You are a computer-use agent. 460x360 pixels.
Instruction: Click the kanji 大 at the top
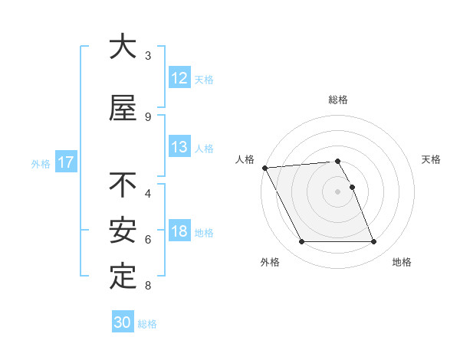point(123,47)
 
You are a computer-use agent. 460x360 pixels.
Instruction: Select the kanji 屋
point(123,108)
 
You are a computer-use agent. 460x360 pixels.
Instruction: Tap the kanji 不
point(123,185)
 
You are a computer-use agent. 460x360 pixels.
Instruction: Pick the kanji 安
point(123,231)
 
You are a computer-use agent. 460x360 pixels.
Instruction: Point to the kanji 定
point(123,277)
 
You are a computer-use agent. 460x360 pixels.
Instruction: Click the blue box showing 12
point(179,78)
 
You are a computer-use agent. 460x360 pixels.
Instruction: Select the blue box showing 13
point(179,148)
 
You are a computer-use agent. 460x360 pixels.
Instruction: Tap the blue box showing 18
point(179,232)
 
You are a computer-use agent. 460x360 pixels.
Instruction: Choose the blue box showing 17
point(65,162)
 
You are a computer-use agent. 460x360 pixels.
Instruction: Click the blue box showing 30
point(123,322)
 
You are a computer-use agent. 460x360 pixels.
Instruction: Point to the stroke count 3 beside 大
point(148,55)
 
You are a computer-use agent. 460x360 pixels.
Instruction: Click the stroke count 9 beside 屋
point(148,116)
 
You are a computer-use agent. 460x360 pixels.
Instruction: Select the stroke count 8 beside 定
point(148,286)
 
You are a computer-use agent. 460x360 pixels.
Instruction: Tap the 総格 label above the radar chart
point(338,100)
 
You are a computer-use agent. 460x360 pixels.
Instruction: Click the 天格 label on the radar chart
point(432,159)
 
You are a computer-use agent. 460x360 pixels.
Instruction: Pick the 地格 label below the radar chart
point(402,262)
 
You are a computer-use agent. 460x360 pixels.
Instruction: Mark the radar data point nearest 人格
point(264,168)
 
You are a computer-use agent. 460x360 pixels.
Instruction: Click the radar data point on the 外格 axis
point(301,242)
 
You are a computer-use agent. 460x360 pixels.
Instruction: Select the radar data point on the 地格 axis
point(374,242)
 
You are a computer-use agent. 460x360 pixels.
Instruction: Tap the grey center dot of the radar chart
point(338,191)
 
